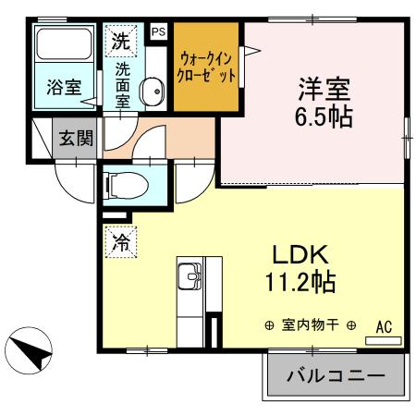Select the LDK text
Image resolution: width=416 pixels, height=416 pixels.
pyautogui.click(x=298, y=254)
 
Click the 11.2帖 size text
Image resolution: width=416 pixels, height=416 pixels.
pyautogui.click(x=297, y=281)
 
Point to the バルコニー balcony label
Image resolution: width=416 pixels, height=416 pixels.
pyautogui.click(x=336, y=376)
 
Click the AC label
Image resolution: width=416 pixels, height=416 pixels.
pyautogui.click(x=384, y=325)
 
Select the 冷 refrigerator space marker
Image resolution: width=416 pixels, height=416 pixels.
pyautogui.click(x=120, y=242)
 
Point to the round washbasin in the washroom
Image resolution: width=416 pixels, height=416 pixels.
pyautogui.click(x=152, y=92)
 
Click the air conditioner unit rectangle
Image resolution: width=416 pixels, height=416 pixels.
pyautogui.click(x=384, y=339)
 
